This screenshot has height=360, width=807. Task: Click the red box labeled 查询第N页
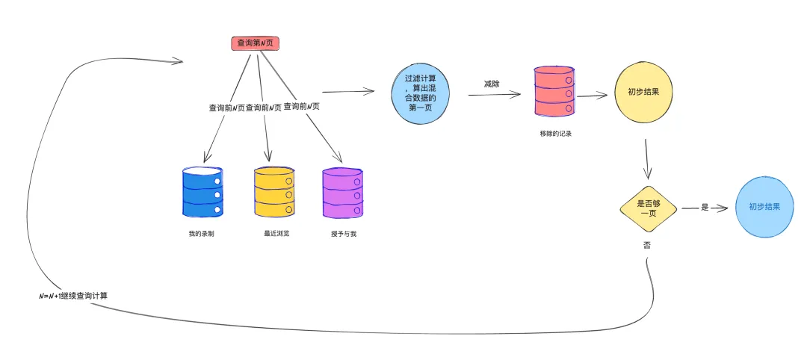255,43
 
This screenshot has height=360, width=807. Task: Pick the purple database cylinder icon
343,193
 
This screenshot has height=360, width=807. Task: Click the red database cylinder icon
554,91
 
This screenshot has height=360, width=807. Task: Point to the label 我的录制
202,234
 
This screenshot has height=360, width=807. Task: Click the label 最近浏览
276,234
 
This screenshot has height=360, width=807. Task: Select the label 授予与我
344,234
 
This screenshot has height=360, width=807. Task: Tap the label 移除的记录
555,133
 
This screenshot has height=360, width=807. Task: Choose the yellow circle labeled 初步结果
643,93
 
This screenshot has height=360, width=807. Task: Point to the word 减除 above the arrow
491,84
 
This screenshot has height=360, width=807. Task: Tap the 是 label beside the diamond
705,208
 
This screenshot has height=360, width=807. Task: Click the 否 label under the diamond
646,245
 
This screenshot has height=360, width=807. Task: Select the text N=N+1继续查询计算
73,296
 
